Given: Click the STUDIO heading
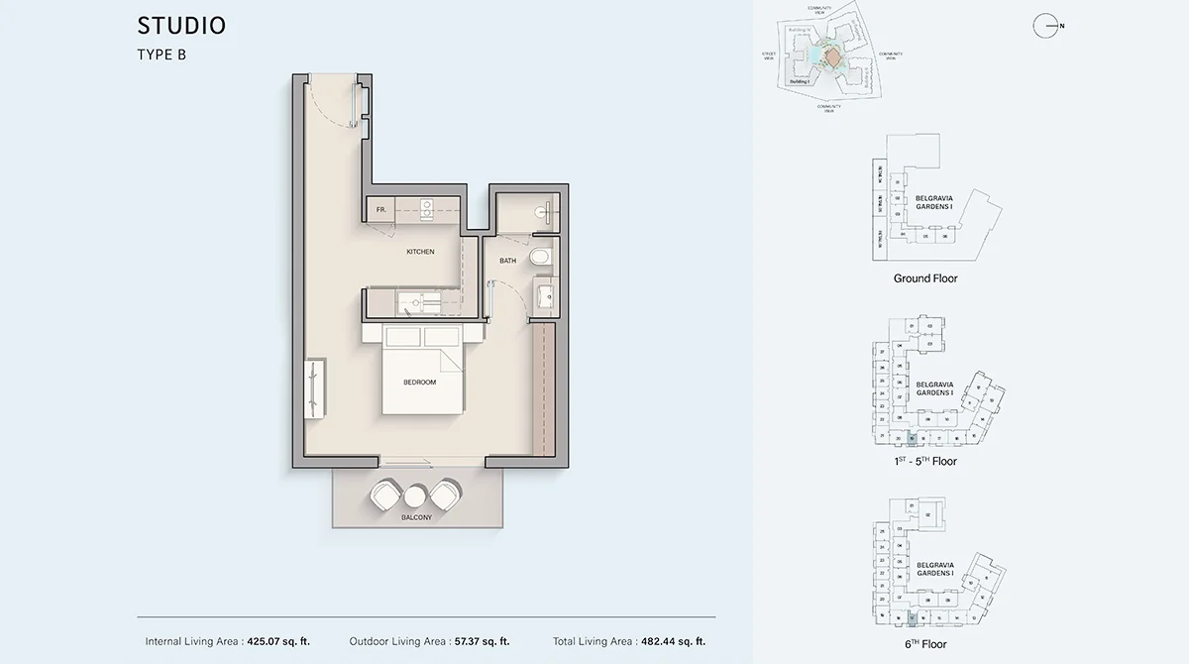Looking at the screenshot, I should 181,26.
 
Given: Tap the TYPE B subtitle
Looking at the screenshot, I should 162,55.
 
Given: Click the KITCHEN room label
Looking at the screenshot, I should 420,252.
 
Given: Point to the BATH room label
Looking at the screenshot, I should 507,261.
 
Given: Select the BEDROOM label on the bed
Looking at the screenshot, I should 419,382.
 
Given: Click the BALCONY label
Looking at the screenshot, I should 416,517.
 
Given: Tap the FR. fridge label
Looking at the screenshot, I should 380,210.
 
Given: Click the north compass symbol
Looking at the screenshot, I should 1046,27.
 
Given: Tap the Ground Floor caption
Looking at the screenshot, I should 925,278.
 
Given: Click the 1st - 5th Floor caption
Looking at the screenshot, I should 925,461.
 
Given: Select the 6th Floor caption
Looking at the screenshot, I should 925,644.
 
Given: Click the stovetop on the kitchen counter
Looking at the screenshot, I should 427,208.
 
